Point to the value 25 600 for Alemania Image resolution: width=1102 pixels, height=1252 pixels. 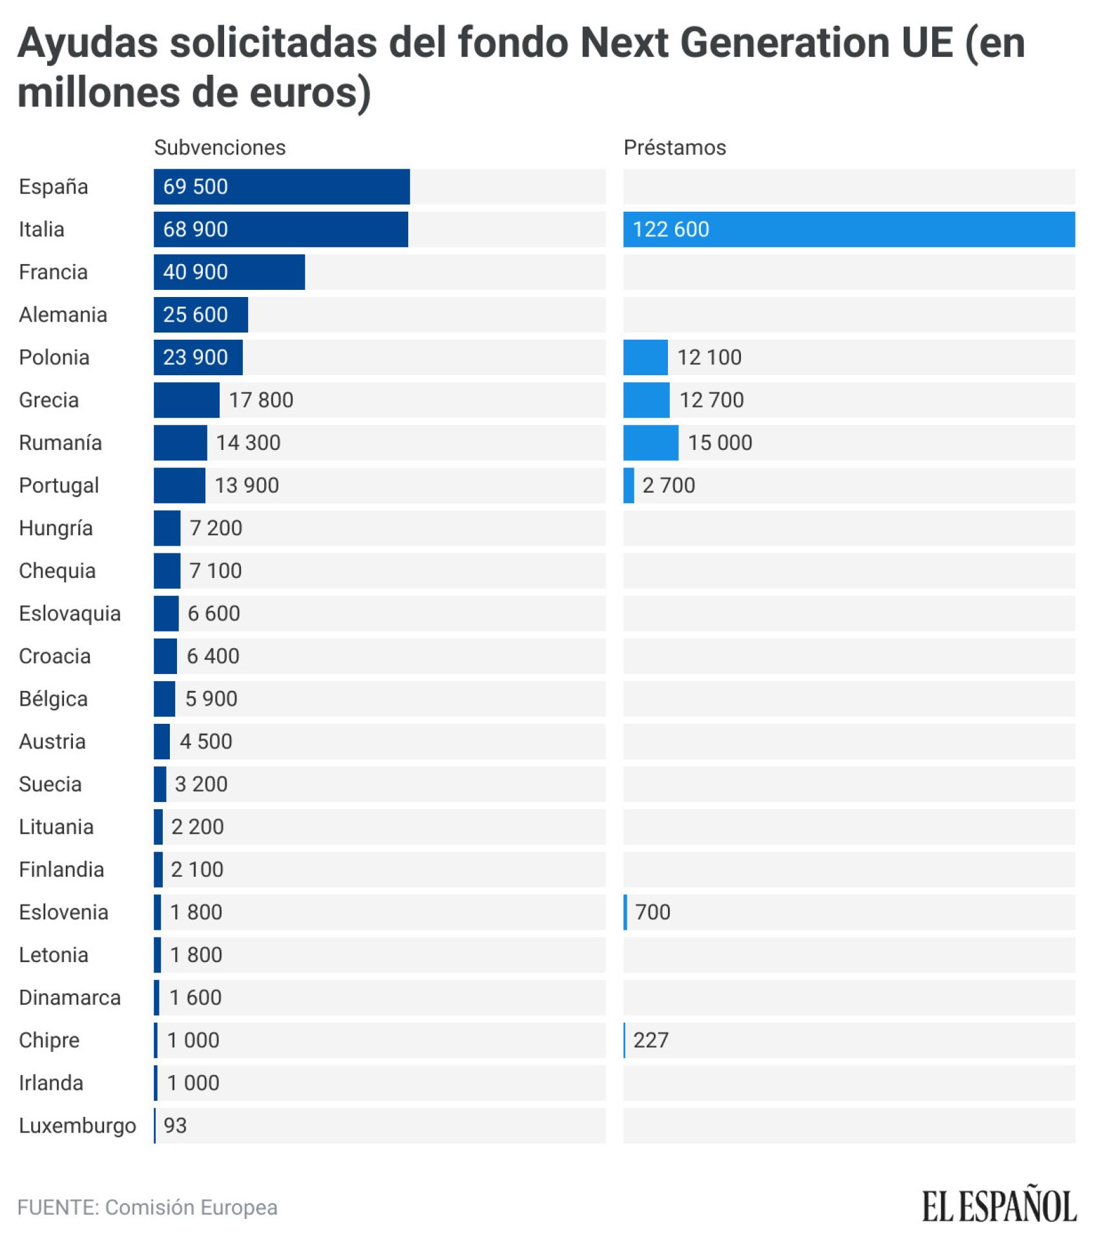[195, 314]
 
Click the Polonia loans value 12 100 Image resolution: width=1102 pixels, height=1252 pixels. [709, 357]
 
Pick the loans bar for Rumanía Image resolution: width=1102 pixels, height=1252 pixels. [650, 442]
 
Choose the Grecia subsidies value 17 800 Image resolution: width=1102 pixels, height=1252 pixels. [261, 400]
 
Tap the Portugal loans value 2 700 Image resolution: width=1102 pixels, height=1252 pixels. [669, 485]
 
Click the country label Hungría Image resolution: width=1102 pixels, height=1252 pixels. [56, 528]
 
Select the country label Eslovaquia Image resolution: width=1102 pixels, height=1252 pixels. [70, 613]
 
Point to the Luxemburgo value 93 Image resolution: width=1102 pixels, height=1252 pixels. [175, 1125]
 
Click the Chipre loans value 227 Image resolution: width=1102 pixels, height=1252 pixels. [650, 1040]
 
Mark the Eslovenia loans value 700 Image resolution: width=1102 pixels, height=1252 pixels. [652, 912]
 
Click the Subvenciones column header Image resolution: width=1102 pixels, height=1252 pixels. [220, 147]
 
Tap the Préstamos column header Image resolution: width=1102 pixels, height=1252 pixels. [674, 147]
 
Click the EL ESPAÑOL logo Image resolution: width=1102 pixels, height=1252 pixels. [999, 1207]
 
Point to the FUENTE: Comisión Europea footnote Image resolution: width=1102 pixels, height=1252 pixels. [147, 1207]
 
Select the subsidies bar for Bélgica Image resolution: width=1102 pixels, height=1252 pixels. [165, 699]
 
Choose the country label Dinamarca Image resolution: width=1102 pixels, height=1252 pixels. [70, 998]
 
